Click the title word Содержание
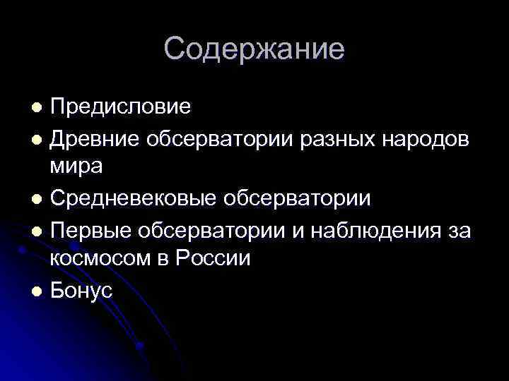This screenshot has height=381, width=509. [255, 49]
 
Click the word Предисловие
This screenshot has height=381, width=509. [120, 107]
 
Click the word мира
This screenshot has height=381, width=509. [76, 167]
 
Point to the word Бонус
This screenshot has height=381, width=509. [81, 289]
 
